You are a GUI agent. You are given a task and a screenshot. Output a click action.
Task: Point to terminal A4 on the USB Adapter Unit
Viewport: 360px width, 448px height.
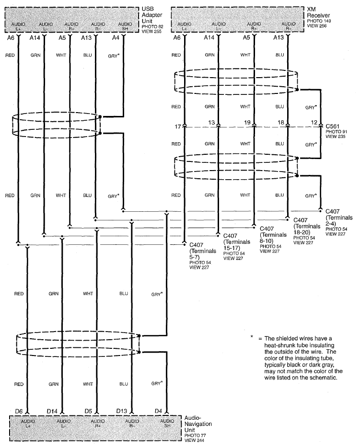(116, 37)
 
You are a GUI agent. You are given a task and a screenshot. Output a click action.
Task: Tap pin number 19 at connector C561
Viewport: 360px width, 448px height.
(247, 123)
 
